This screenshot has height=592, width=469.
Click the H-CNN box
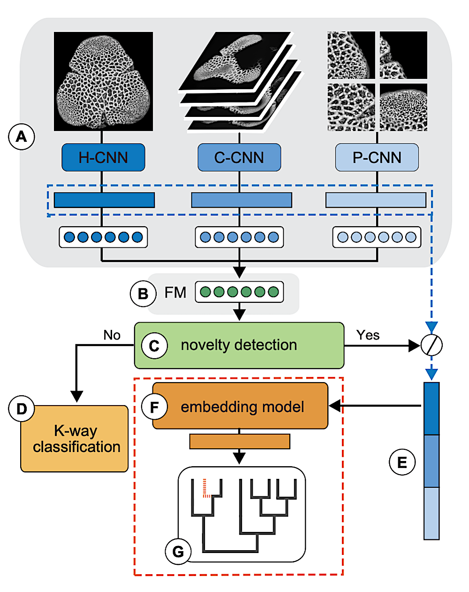tap(104, 157)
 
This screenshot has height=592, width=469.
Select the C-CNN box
tap(239, 157)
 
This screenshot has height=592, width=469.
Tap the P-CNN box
tap(377, 157)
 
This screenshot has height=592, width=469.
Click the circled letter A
tap(22, 137)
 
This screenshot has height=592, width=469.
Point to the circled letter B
tap(143, 293)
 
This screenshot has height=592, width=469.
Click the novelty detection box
tap(239, 345)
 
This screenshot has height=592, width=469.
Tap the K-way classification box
tap(75, 438)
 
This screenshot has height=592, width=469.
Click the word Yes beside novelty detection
tap(368, 335)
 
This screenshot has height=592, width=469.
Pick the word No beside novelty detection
tap(112, 335)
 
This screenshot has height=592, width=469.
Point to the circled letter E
tap(402, 462)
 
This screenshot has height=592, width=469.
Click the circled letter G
tap(178, 551)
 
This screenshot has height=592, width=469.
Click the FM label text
tap(175, 292)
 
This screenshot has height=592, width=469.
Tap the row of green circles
tap(239, 292)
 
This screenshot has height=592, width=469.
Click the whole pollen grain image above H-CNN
tap(103, 81)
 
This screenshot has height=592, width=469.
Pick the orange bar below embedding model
tap(240, 441)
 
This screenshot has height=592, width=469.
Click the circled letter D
tap(22, 408)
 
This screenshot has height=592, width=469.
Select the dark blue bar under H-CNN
tap(104, 200)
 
